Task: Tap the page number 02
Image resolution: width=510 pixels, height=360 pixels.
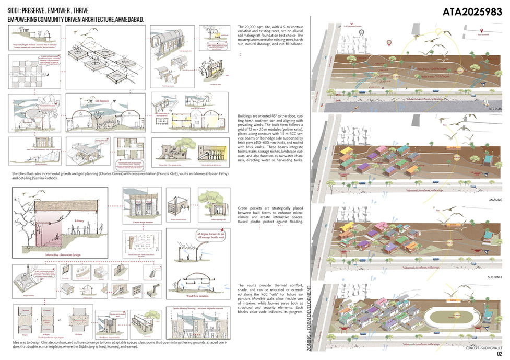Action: [x=499, y=355]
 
